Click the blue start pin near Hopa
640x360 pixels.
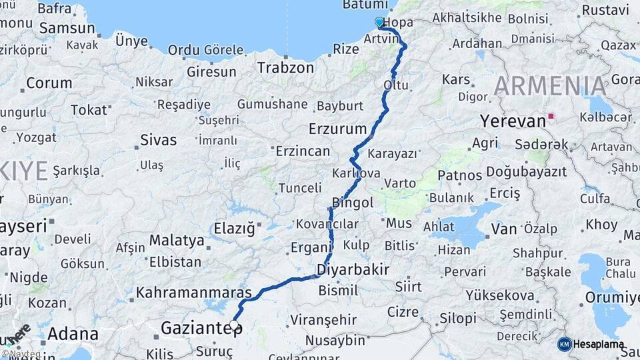tap(379, 23)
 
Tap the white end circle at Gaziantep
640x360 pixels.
tap(234, 325)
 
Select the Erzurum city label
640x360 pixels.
tap(338, 129)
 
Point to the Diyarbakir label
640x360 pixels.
tap(353, 269)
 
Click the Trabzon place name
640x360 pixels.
tap(285, 67)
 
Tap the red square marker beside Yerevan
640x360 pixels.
tap(551, 116)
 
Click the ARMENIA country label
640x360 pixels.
tap(551, 86)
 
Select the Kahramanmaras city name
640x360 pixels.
tap(194, 292)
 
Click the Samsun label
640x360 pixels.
tap(67, 28)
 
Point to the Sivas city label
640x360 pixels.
tap(159, 140)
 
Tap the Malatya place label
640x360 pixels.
tap(177, 240)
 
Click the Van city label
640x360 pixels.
tap(503, 229)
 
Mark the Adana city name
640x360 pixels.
tap(73, 334)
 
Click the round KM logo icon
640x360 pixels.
tap(565, 344)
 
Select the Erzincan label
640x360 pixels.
tap(303, 151)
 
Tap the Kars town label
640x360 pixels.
tap(456, 79)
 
